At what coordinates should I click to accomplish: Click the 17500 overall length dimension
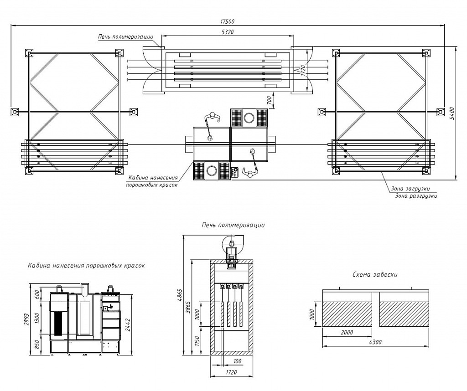[228, 21]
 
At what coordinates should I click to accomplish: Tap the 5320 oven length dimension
[228, 32]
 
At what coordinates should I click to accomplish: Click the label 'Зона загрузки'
[410, 189]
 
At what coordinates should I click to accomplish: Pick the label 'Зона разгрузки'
[416, 196]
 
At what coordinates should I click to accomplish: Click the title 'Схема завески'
[375, 274]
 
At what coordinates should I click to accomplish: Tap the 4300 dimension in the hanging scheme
[375, 342]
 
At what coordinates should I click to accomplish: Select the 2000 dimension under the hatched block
[347, 332]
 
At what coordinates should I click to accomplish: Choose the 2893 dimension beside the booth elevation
[26, 319]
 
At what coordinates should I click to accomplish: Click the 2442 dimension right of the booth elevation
[128, 325]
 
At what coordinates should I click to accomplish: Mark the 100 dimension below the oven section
[237, 361]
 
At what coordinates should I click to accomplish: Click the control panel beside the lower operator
[235, 172]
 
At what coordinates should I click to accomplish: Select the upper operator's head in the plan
[212, 115]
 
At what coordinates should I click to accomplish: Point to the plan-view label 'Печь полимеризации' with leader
[125, 36]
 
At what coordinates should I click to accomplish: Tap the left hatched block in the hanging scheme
[347, 314]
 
